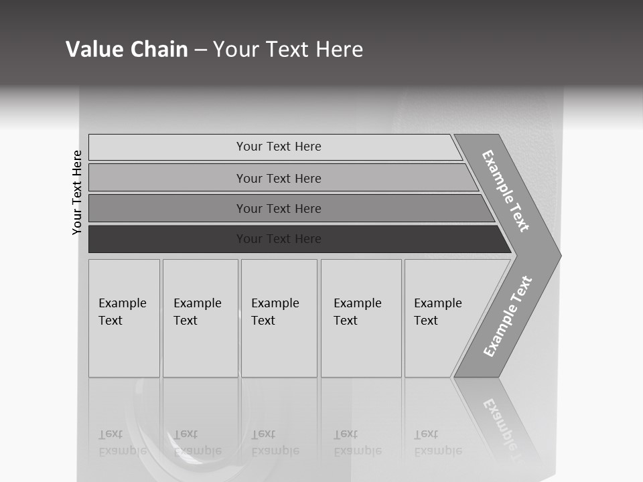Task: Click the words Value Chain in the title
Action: tap(127, 50)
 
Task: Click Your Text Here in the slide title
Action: tap(288, 50)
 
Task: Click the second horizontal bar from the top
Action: tap(279, 178)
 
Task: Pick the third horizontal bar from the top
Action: tap(279, 208)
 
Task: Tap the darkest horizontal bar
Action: tap(279, 239)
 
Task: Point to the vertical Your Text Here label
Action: tap(77, 192)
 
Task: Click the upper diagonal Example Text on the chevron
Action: tap(506, 191)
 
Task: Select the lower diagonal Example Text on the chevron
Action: tap(507, 316)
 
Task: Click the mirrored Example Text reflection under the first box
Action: tap(122, 443)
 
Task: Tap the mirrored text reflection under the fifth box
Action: tap(437, 443)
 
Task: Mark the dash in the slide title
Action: tap(200, 50)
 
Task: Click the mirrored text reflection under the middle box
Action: tap(275, 443)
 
